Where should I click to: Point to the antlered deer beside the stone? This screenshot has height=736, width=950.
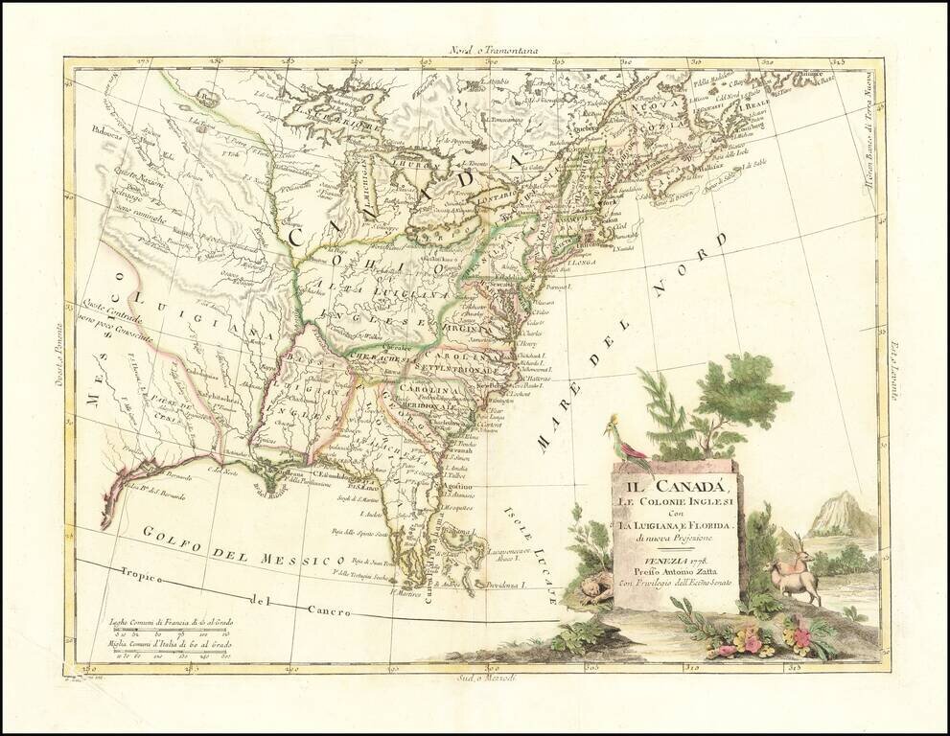tap(795, 571)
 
